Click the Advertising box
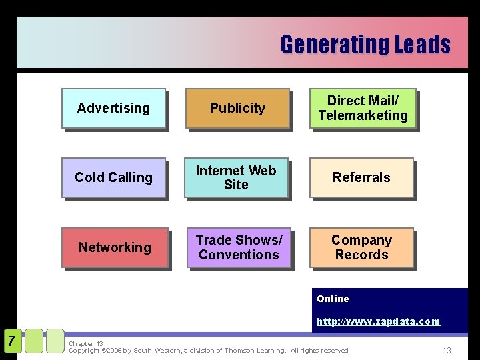tap(113, 108)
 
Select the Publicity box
tap(237, 108)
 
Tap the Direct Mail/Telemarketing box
tap(363, 108)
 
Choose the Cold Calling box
tap(113, 177)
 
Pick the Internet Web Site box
tap(236, 177)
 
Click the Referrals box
tap(361, 177)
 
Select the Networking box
tap(115, 247)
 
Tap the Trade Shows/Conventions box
tap(239, 247)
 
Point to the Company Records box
tap(361, 247)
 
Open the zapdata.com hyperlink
tap(379, 321)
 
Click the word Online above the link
tap(333, 299)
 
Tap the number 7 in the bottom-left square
tap(11, 341)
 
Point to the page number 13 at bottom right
tap(447, 351)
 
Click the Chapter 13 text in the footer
tap(86, 344)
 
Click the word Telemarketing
tap(363, 115)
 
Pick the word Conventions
tap(239, 255)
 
